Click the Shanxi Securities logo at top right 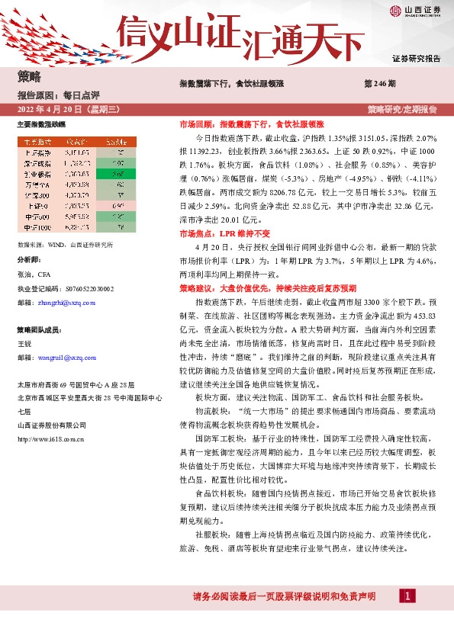click(415, 11)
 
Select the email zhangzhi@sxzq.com click(69, 302)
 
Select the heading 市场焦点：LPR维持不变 click(216, 233)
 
